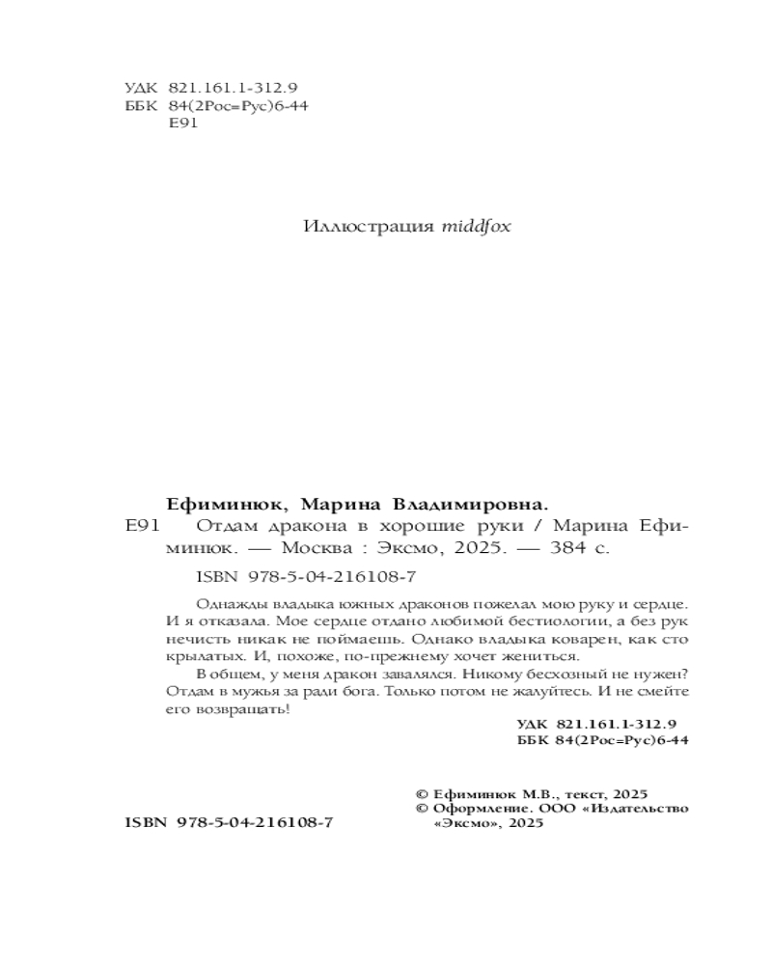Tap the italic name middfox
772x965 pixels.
(x=476, y=228)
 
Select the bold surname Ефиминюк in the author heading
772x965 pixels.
(x=226, y=504)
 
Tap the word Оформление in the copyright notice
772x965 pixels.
(x=473, y=808)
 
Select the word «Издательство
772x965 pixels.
(x=638, y=808)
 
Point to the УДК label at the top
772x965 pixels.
(x=141, y=87)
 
